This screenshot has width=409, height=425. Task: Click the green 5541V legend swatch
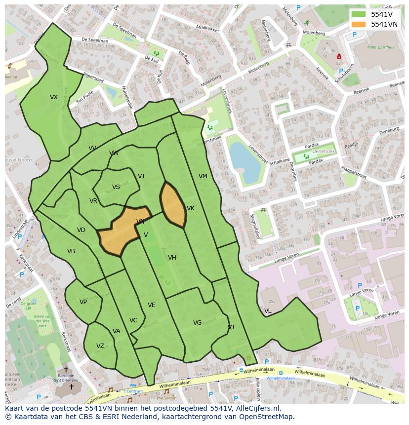pyautogui.click(x=359, y=14)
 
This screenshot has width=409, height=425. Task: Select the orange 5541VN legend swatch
pyautogui.click(x=359, y=24)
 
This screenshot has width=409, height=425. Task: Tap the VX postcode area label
pyautogui.click(x=54, y=97)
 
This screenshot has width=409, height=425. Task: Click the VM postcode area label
pyautogui.click(x=203, y=176)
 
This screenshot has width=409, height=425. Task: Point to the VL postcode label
pyautogui.click(x=268, y=311)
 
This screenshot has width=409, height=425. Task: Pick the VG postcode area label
pyautogui.click(x=197, y=323)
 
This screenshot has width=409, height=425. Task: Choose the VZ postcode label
pyautogui.click(x=100, y=346)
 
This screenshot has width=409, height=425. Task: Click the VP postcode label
pyautogui.click(x=83, y=302)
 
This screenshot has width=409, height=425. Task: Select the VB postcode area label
pyautogui.click(x=71, y=251)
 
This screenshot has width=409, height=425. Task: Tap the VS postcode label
pyautogui.click(x=116, y=187)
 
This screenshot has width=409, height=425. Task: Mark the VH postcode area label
pyautogui.click(x=172, y=258)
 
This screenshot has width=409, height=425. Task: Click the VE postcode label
pyautogui.click(x=152, y=305)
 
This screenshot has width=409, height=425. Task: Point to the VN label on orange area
pyautogui.click(x=140, y=222)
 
